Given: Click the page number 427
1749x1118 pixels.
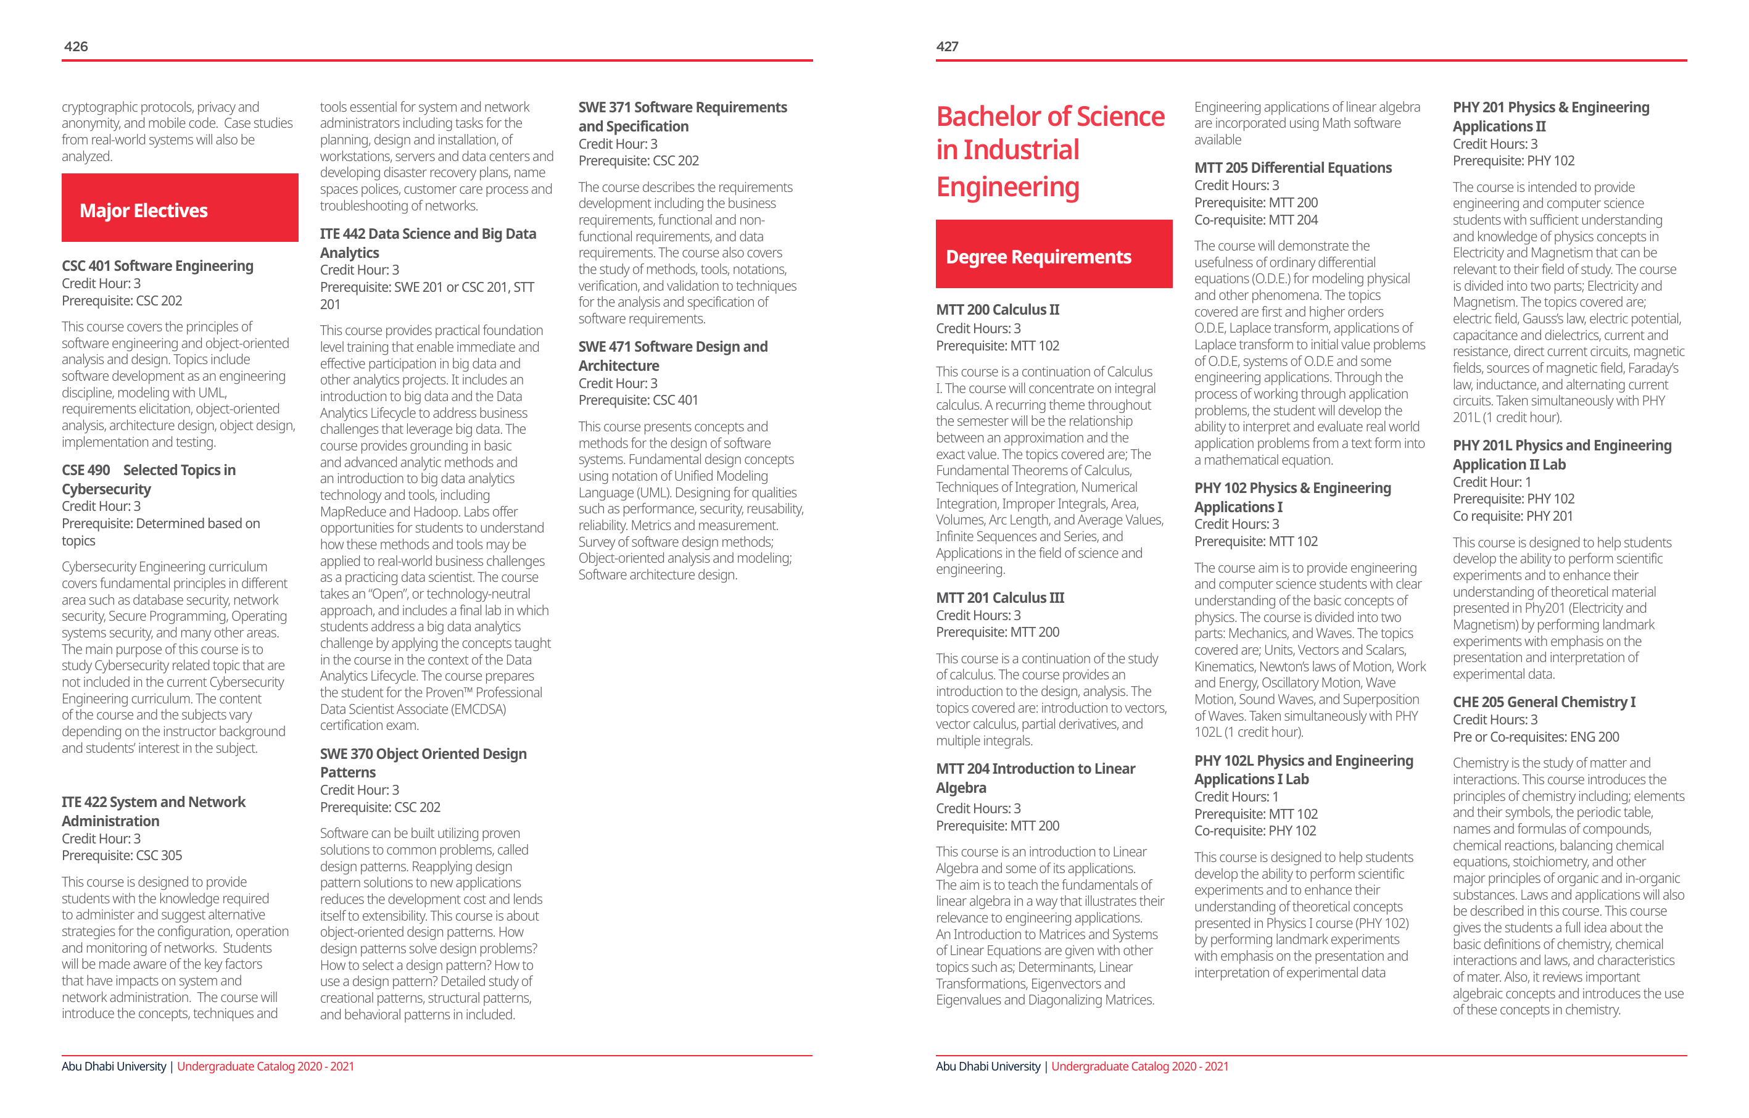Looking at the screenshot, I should coord(947,46).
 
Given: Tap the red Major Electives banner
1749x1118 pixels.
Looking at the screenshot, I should coord(180,209).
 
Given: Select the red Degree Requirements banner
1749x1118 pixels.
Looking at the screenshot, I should coord(1053,255).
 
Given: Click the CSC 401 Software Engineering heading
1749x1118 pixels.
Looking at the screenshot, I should coord(157,266).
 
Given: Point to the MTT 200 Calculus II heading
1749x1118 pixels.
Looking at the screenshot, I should coord(997,310).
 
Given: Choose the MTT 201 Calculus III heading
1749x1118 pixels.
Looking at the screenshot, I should coord(999,598).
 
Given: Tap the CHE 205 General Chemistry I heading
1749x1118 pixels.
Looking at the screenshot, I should coord(1544,702).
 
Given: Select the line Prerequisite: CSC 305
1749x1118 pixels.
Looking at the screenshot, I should coord(122,856).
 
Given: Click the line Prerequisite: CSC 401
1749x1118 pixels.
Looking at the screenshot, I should coord(638,400).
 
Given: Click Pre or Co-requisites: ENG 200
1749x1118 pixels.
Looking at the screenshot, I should coord(1536,737).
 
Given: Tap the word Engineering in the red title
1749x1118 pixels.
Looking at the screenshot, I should coord(1007,188).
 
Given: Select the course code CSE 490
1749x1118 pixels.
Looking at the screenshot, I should coord(86,470).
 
